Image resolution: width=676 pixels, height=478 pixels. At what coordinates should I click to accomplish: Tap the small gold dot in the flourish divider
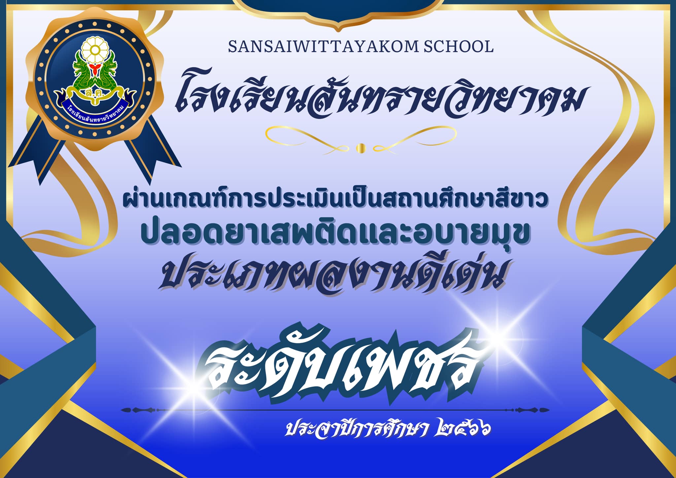click(x=361, y=148)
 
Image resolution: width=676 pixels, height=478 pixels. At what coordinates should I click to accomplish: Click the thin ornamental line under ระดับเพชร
click(x=335, y=410)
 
